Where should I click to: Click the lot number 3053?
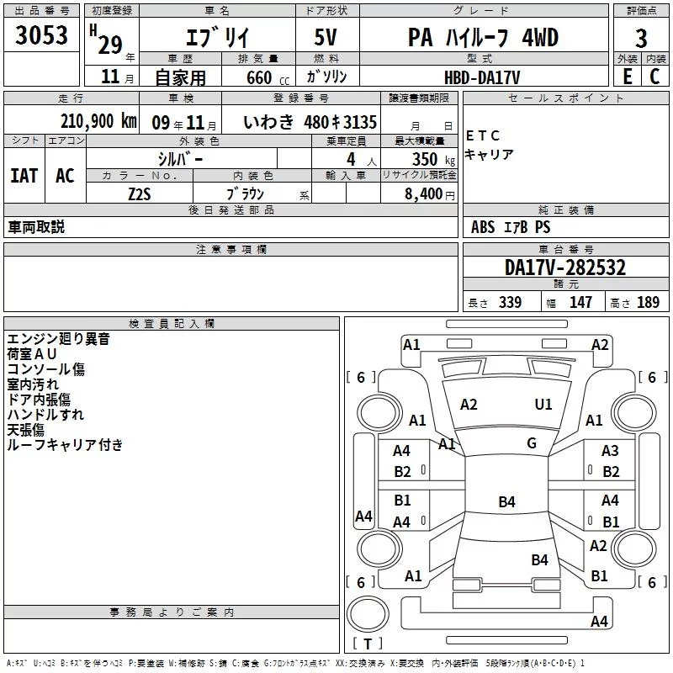point(41,34)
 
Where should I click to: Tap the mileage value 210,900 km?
point(98,121)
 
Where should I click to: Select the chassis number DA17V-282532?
point(565,268)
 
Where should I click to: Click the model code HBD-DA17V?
point(482,77)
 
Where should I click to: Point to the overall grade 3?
point(641,38)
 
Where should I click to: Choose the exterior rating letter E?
point(627,77)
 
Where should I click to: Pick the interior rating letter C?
point(654,77)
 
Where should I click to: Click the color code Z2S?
point(140,194)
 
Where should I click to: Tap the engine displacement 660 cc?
point(268,77)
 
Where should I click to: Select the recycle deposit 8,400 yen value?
point(430,194)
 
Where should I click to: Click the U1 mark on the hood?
point(543,405)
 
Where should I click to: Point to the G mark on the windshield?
point(532,443)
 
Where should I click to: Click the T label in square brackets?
point(368,644)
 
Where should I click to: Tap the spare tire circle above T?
point(368,614)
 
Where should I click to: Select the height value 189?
point(648,302)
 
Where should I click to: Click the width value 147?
point(580,302)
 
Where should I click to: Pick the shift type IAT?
point(24,176)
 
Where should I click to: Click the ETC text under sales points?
point(483,135)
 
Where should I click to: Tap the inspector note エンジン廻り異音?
point(58,339)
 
